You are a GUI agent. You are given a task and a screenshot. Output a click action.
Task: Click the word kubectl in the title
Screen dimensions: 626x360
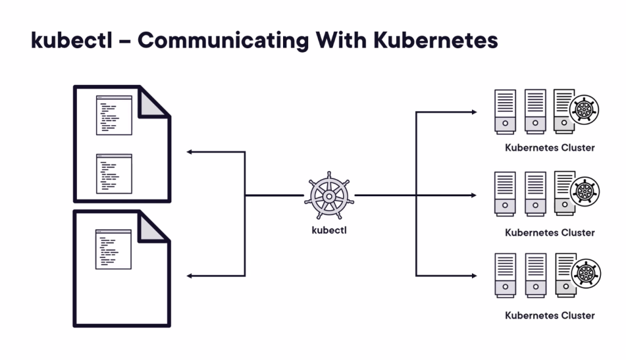point(72,40)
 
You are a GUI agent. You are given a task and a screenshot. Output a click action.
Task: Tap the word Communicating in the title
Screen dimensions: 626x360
point(223,41)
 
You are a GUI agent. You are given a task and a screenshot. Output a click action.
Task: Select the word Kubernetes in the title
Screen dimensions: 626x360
point(435,40)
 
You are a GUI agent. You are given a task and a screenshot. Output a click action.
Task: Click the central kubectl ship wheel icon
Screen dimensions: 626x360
point(329,196)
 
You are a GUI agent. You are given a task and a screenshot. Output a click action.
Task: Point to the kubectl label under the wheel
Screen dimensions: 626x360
point(329,230)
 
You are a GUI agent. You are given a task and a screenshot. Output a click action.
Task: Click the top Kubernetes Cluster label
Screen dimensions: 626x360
point(550,148)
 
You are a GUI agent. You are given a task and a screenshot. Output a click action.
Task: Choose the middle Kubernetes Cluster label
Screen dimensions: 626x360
point(550,233)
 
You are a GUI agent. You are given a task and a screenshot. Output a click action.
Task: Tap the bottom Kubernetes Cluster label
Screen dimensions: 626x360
point(550,316)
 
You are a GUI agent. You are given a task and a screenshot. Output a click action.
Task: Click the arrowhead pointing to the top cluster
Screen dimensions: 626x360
point(474,112)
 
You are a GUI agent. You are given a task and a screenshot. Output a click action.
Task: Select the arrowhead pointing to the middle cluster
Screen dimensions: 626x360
point(474,195)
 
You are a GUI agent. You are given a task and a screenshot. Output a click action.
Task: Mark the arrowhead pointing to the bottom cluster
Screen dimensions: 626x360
point(474,276)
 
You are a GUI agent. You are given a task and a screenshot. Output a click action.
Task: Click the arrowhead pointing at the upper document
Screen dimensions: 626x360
point(190,152)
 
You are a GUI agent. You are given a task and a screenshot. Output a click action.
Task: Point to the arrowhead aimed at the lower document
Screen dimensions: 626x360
point(190,276)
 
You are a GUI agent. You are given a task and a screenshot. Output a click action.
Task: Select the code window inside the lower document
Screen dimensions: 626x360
point(113,249)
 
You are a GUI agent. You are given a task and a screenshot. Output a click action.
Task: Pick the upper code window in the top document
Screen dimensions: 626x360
point(114,116)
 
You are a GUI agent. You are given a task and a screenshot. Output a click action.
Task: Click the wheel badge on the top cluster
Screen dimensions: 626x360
point(584,110)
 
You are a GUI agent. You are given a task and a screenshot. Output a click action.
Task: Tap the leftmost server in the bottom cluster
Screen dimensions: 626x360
point(506,276)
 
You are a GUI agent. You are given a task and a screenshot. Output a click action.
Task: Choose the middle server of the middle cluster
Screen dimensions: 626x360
point(536,194)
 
